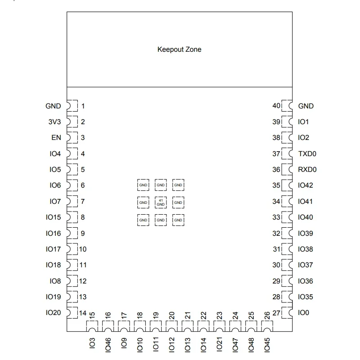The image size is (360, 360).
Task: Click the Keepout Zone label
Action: (179, 49)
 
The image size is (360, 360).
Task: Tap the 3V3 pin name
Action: (54, 122)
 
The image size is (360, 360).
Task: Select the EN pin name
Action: (56, 138)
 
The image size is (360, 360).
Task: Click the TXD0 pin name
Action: (307, 154)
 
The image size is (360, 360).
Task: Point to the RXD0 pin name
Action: (307, 170)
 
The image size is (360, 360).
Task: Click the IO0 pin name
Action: (304, 313)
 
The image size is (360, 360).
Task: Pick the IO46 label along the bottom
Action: (108, 344)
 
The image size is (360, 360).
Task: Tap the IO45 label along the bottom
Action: (267, 344)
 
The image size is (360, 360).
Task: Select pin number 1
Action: (83, 106)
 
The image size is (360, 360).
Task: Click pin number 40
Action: (276, 106)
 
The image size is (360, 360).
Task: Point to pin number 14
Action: (83, 313)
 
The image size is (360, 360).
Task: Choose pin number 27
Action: (276, 313)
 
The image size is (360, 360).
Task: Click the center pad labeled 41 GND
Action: (161, 202)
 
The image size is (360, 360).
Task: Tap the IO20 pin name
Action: (53, 313)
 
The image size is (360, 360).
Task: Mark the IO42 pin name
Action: (306, 185)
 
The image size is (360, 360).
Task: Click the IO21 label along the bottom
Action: (220, 344)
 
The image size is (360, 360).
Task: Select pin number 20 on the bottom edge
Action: (171, 316)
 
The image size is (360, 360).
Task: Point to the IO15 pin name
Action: (53, 217)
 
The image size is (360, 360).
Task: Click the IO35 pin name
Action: (306, 297)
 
